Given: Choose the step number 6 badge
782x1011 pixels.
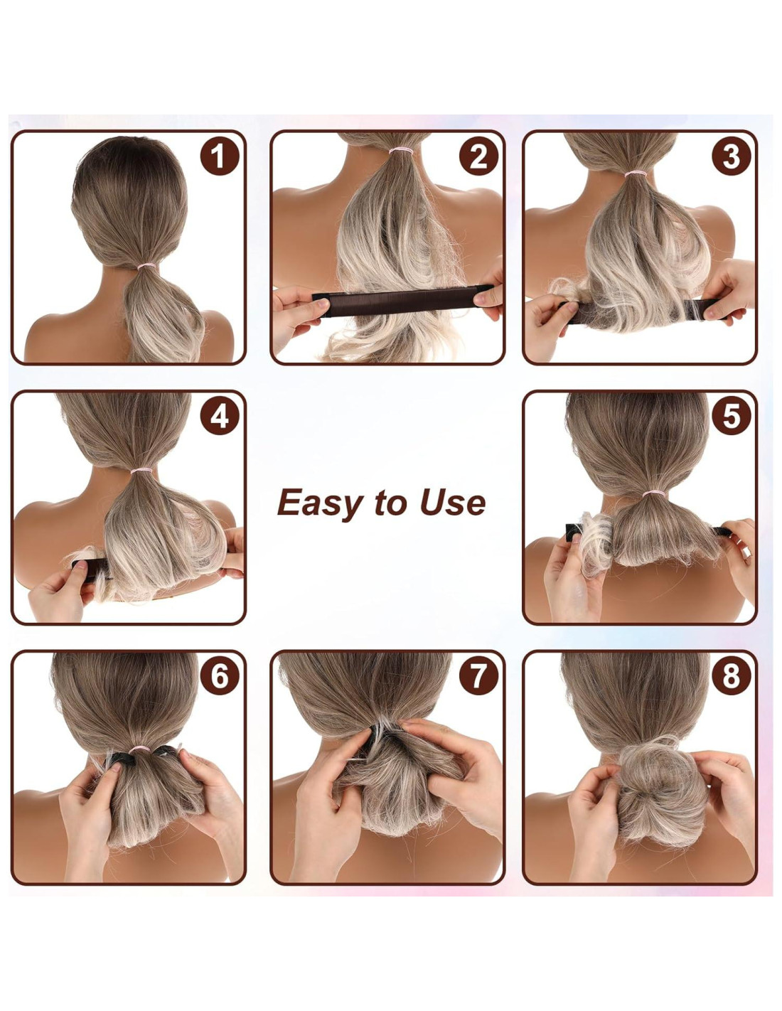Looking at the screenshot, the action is (220, 675).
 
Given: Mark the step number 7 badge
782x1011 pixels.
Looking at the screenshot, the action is (478, 675).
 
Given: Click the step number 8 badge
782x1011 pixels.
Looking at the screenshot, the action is (732, 675).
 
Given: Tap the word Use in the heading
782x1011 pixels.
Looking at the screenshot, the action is (453, 503).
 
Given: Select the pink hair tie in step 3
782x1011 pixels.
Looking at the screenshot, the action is (636, 174).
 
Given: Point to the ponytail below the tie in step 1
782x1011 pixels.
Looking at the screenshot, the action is (163, 316).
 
